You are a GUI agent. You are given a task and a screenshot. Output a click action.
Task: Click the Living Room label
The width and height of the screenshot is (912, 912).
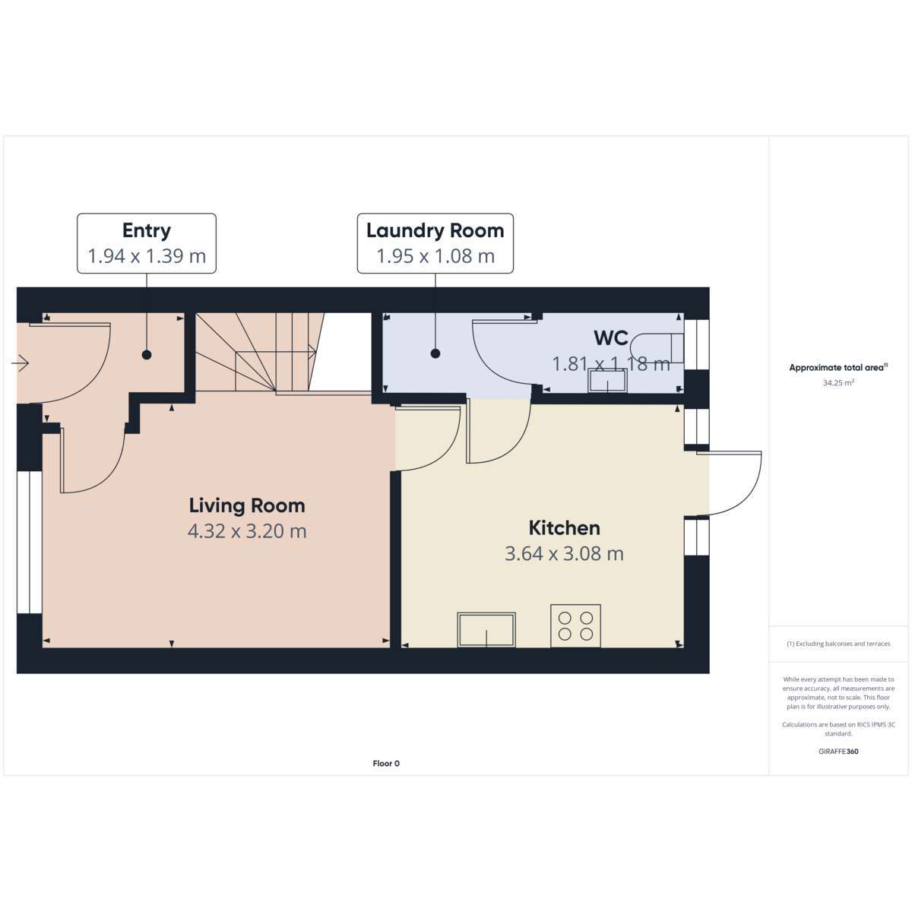[x=246, y=505]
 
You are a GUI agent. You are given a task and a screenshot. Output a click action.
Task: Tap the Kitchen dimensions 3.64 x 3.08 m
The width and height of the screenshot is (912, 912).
[x=564, y=553]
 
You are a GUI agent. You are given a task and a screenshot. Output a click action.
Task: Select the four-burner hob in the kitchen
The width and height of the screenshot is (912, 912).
[x=575, y=625]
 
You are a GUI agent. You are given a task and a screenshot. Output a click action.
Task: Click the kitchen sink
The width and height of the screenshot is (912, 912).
[x=486, y=629]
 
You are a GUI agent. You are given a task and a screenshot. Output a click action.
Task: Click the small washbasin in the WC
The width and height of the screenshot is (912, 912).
[x=607, y=381]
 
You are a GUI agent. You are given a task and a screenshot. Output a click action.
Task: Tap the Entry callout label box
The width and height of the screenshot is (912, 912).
[x=147, y=243]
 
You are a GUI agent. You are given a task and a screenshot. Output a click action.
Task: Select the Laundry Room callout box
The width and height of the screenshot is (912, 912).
[x=435, y=243]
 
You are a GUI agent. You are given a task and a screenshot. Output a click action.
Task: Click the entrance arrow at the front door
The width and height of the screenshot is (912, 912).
[x=20, y=363]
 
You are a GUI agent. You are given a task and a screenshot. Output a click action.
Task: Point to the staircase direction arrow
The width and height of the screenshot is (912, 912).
[x=275, y=351]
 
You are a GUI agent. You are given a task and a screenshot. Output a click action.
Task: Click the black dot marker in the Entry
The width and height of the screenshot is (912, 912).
[x=147, y=354]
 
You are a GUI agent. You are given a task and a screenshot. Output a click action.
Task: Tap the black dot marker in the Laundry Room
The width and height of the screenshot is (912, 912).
[x=435, y=353]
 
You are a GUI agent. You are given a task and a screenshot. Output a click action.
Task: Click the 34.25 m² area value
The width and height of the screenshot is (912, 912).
[x=838, y=383]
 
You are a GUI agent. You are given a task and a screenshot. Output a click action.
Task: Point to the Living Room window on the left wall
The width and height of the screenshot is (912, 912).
[x=30, y=542]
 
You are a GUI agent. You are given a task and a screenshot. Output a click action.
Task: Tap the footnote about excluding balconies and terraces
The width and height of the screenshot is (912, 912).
[x=838, y=644]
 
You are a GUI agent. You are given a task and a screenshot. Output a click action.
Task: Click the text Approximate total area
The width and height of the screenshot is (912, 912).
[x=836, y=367]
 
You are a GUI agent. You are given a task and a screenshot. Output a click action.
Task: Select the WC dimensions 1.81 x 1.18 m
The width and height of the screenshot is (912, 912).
[x=611, y=364]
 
